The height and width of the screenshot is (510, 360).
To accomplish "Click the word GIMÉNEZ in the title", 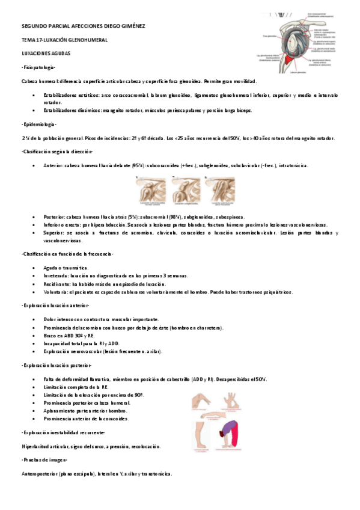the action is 130,26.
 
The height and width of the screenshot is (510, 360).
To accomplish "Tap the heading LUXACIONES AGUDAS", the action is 46,54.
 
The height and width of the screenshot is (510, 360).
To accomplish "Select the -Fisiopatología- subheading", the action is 38,67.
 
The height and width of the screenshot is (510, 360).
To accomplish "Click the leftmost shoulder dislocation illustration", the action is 150,192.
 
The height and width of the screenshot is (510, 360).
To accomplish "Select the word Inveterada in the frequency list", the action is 58,275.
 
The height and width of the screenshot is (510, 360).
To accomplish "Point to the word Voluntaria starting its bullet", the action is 58,292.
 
